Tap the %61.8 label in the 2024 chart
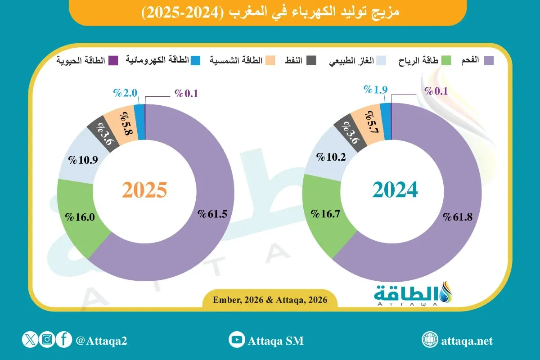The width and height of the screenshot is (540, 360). [x=458, y=217]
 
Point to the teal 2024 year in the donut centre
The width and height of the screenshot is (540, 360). [x=396, y=190]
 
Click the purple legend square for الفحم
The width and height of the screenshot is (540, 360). [x=488, y=60]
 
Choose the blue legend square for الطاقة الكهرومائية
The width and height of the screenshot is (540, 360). [x=195, y=60]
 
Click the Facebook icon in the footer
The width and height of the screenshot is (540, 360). [x=64, y=340]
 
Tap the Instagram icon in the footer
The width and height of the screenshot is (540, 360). [x=47, y=340]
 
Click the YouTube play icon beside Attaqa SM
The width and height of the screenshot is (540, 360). [x=236, y=340]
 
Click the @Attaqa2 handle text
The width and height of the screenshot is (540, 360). [x=101, y=341]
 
